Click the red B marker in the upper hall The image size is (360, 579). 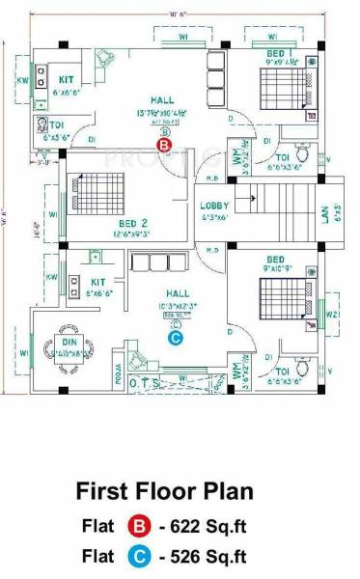(x=164, y=145)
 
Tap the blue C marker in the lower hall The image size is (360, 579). (x=175, y=338)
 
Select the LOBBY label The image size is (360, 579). (x=214, y=207)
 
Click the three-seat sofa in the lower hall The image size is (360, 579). (x=152, y=262)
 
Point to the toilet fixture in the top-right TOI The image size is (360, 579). (x=303, y=154)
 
